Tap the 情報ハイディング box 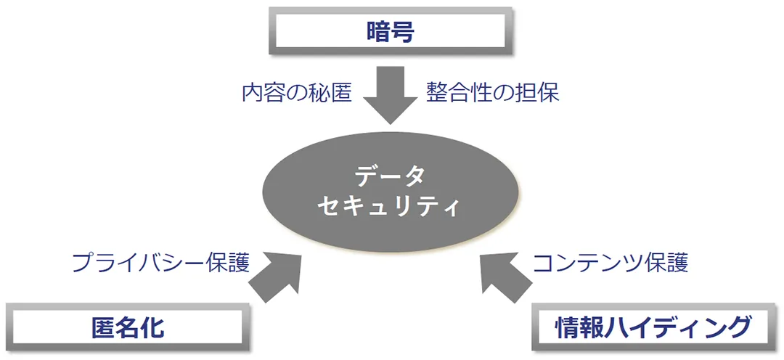[651, 327]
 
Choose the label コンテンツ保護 [611, 263]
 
